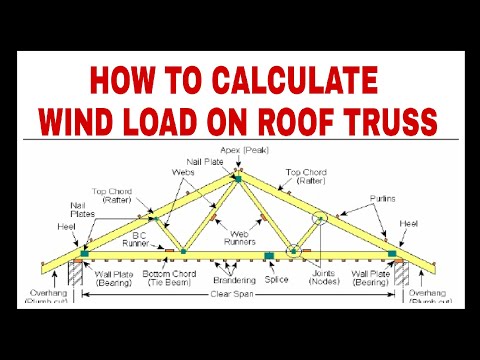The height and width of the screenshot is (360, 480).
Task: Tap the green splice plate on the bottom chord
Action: pyautogui.click(x=267, y=256)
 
